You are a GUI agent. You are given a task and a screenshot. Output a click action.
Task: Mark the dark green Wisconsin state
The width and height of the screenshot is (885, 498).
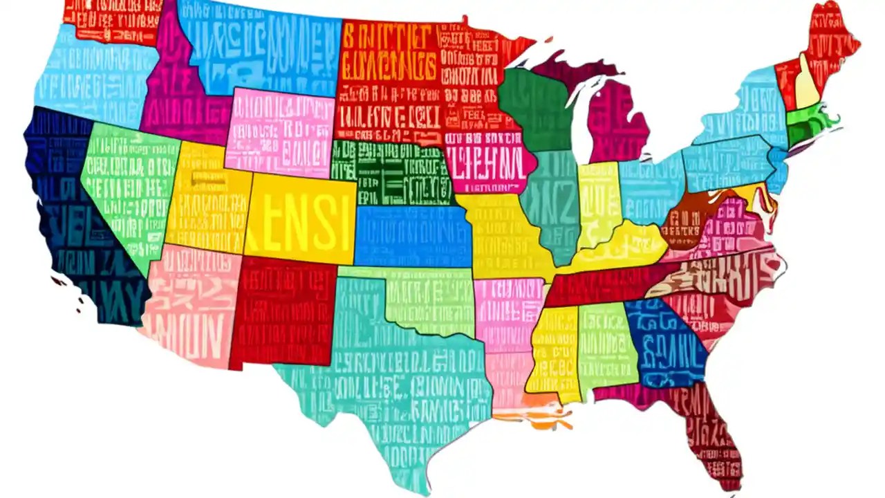[x=536, y=104]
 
